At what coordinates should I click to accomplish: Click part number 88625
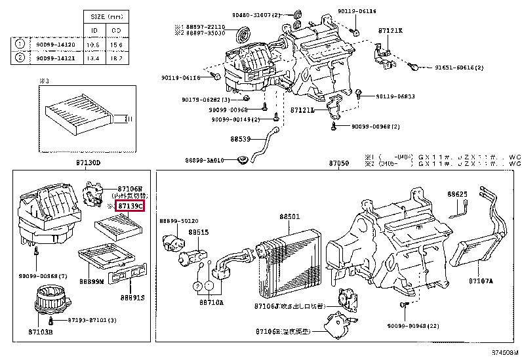pyautogui.click(x=458, y=195)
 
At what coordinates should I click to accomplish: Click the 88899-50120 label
pyautogui.click(x=178, y=222)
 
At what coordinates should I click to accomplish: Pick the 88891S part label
pyautogui.click(x=133, y=297)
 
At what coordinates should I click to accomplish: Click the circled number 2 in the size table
pyautogui.click(x=20, y=56)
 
